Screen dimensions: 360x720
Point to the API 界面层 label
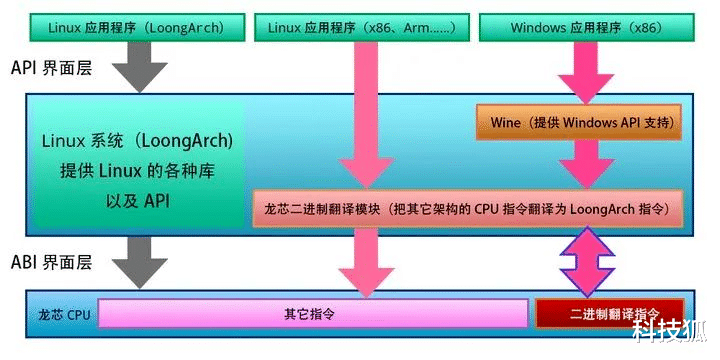coord(52,69)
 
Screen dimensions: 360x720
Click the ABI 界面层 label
coord(52,263)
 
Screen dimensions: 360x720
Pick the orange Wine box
coord(579,123)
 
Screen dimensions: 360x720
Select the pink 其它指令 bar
coord(313,313)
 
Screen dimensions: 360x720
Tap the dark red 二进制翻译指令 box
coord(610,313)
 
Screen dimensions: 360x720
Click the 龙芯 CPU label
coord(60,313)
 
